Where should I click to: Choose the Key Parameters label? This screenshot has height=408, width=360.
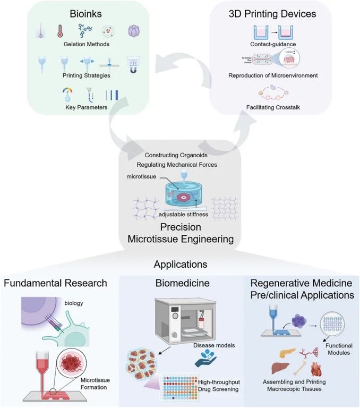click(x=87, y=107)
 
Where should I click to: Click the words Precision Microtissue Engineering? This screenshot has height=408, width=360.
click(x=181, y=234)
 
